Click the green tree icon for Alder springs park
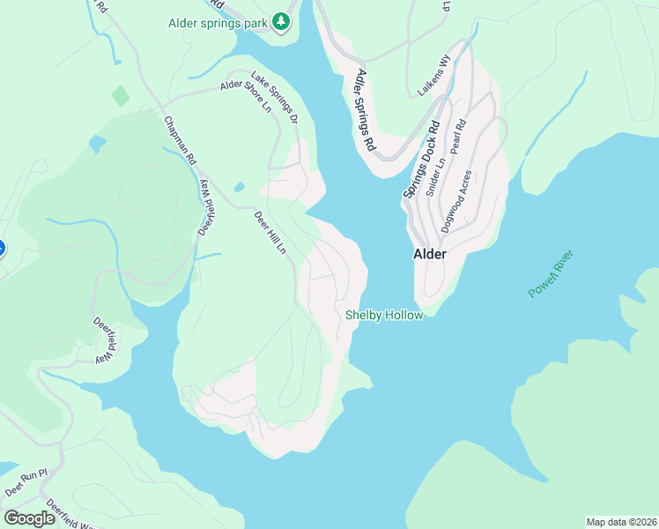pyautogui.click(x=281, y=21)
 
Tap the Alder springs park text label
pyautogui.click(x=218, y=22)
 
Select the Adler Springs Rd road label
pyautogui.click(x=365, y=109)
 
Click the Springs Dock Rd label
pyautogui.click(x=421, y=160)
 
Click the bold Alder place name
pyautogui.click(x=430, y=254)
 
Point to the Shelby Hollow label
pyautogui.click(x=384, y=315)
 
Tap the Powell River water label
pyautogui.click(x=552, y=274)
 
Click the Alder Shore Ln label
pyautogui.click(x=247, y=97)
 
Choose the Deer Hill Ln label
pyautogui.click(x=270, y=233)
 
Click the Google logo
pyautogui.click(x=29, y=518)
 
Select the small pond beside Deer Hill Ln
pyautogui.click(x=239, y=187)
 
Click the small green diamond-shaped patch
pyautogui.click(x=121, y=96)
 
